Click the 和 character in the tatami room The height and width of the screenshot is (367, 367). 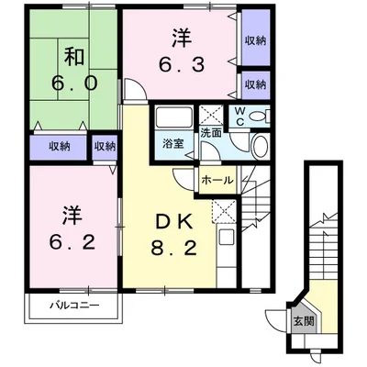coord(74,57)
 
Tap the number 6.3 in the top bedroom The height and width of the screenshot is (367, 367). coord(182,64)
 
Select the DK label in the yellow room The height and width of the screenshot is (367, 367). coord(173,222)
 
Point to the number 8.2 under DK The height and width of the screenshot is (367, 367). coord(173,248)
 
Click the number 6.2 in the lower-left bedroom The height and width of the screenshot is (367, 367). coord(72,242)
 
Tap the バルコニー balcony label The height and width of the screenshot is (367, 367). coord(74,305)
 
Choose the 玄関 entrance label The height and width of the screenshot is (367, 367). coord(304,321)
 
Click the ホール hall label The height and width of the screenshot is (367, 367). coord(217,180)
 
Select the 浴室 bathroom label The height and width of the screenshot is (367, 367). coord(173,144)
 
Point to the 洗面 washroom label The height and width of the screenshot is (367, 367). coord(211,133)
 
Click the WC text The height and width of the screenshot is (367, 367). coord(239,117)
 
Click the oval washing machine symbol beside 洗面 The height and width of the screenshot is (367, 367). coord(261,146)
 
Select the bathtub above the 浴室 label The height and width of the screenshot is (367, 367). coord(173,117)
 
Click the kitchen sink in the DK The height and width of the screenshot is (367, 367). coord(226,237)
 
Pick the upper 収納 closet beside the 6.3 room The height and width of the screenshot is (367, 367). coord(256,40)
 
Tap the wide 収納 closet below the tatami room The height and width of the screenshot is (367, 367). coord(60,147)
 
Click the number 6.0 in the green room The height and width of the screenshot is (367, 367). coord(74,83)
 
